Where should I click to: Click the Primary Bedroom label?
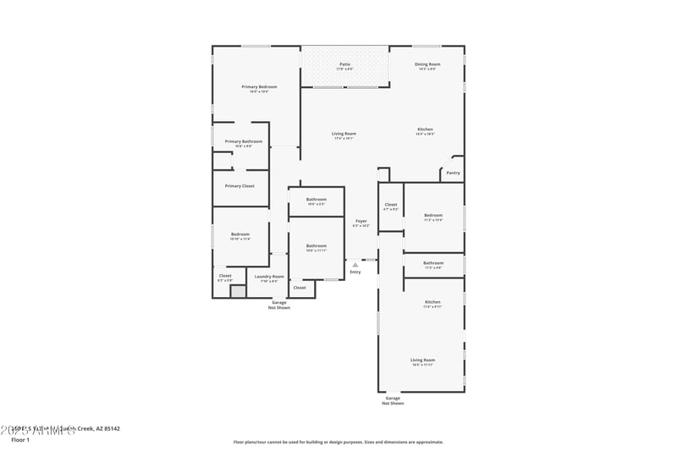coord(259,87)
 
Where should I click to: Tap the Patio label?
coord(345,64)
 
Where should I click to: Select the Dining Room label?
coord(427,64)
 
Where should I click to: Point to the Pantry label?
coord(453,173)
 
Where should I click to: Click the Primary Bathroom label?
coord(243,141)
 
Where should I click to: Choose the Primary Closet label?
coord(239,185)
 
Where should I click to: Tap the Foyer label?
coord(361,222)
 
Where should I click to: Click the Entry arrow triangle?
coord(355,264)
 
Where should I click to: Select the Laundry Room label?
coord(269,276)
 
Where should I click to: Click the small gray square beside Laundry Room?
coord(238,291)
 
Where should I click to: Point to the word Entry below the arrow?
coord(355,272)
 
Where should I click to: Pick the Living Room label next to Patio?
coord(343,134)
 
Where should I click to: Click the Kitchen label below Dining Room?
coord(425,129)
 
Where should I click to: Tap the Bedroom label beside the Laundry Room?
coord(240,234)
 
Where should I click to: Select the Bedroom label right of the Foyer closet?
coord(433,216)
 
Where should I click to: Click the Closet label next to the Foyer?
coord(391,204)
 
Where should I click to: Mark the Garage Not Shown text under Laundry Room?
coord(279,305)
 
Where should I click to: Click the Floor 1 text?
coord(19,440)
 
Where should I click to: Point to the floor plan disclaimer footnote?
coord(338,442)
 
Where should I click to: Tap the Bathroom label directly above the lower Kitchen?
coord(433,263)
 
